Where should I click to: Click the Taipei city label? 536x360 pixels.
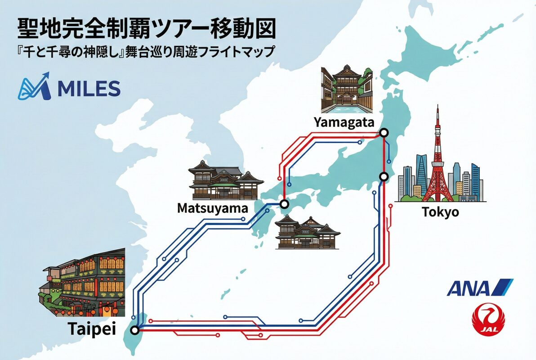tap(92, 329)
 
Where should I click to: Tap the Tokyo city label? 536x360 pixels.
tap(440, 211)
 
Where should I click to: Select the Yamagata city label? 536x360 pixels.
tap(344, 121)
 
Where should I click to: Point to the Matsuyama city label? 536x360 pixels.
tap(212, 208)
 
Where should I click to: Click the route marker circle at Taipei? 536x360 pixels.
tap(134, 331)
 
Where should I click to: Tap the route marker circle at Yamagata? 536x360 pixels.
tap(384, 132)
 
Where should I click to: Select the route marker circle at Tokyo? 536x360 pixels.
tap(384, 176)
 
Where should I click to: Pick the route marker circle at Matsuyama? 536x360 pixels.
tap(284, 204)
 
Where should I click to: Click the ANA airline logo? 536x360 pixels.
tap(479, 288)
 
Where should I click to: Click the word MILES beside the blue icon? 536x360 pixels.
tap(89, 89)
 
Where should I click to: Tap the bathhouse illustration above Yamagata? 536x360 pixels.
tap(346, 90)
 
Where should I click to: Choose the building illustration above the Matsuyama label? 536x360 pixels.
tap(226, 180)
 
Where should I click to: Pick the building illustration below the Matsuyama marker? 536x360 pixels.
tap(307, 232)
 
